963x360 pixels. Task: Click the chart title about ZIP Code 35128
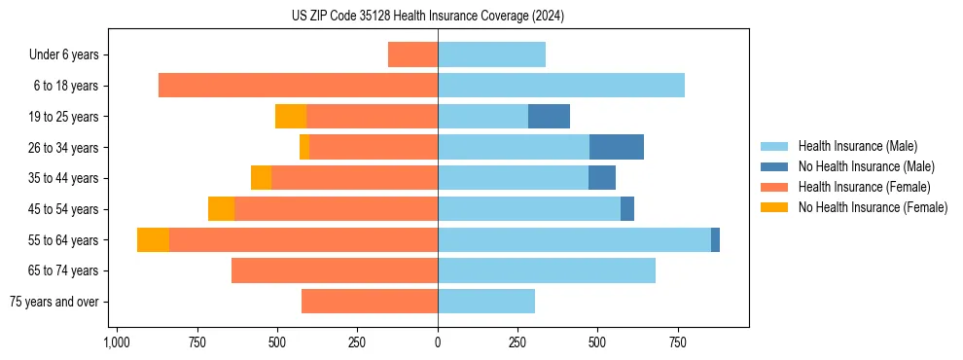pos(427,17)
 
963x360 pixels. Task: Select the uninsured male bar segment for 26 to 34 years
pos(617,147)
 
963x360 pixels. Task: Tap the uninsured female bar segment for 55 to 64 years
pos(153,239)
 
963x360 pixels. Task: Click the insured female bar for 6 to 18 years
pos(298,86)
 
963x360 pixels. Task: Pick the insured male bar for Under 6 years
pos(491,54)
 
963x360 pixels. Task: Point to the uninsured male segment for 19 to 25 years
pos(549,117)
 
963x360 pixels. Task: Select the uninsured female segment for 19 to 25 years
pos(291,117)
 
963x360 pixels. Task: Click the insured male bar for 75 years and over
pos(486,302)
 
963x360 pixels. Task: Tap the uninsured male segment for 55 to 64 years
pos(715,239)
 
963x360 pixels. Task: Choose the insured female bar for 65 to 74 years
pos(335,270)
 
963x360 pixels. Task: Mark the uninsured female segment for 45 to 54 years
pos(221,209)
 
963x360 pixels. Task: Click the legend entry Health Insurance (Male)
pos(857,146)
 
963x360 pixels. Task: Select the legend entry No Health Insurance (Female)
pos(873,207)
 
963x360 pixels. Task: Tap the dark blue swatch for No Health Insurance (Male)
pos(774,166)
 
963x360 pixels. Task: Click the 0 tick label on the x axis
pos(438,342)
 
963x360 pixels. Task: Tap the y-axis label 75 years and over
pos(53,302)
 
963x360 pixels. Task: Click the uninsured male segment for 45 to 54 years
pos(627,209)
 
